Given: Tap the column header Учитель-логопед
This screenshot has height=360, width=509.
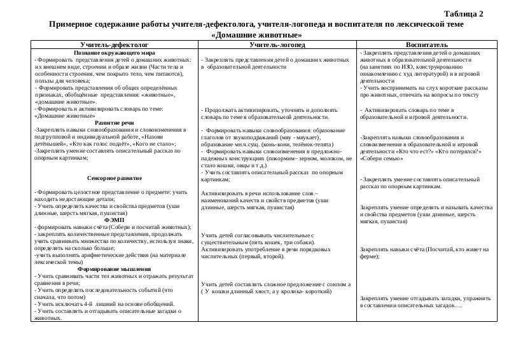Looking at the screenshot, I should pos(277,45).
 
